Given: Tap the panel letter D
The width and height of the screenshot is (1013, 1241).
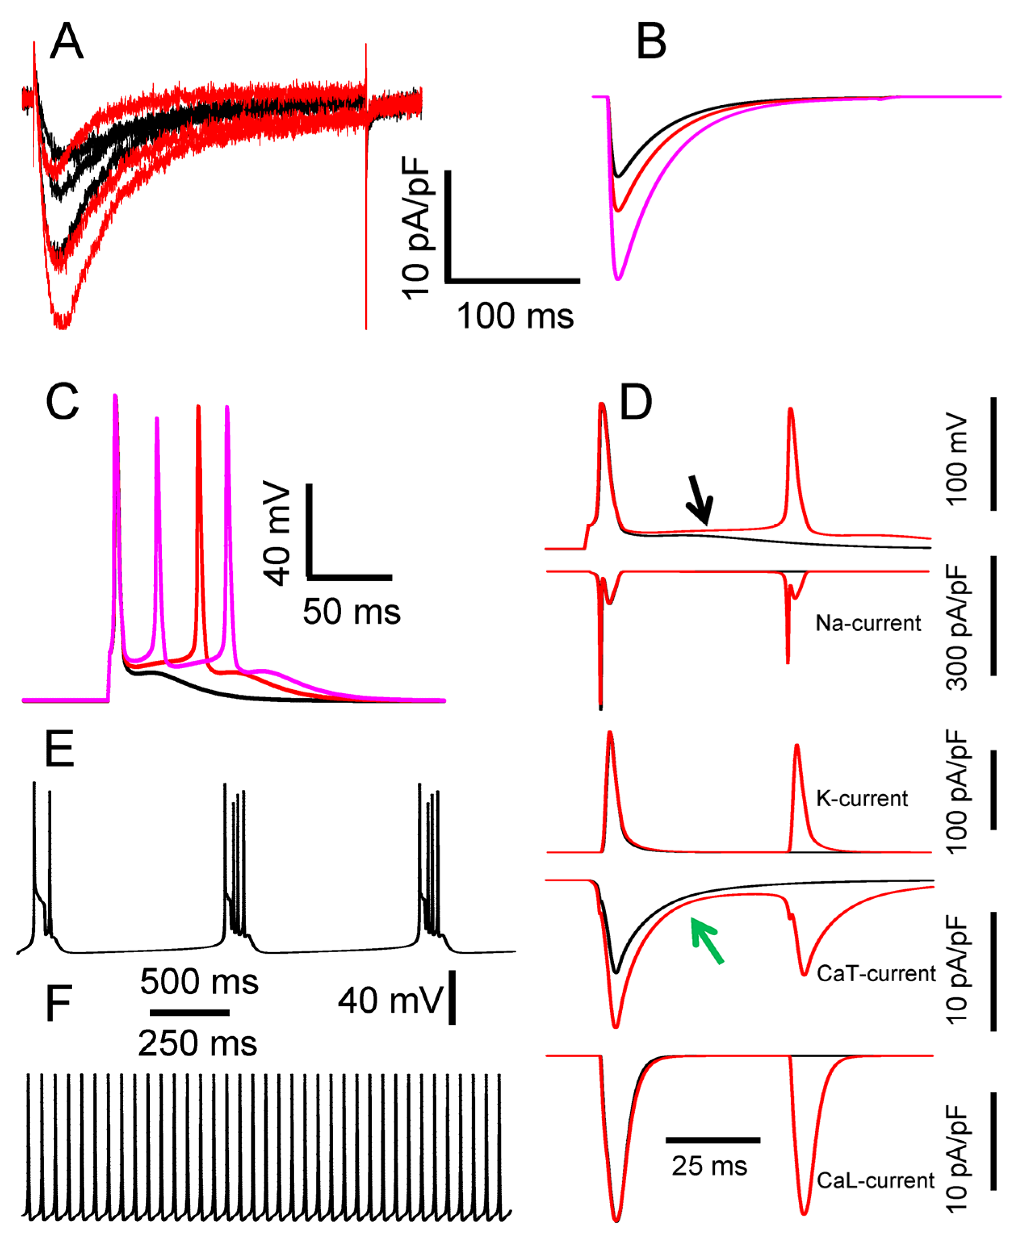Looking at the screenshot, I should tap(636, 403).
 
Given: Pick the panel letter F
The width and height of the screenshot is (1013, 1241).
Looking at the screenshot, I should tap(59, 1003).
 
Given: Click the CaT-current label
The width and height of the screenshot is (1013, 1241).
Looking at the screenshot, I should tap(875, 973).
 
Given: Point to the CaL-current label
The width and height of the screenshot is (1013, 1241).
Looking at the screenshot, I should tap(875, 1181).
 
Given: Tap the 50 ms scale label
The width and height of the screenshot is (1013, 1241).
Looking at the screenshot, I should tap(351, 612).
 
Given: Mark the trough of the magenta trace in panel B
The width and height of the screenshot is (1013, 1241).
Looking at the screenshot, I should tap(618, 279).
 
